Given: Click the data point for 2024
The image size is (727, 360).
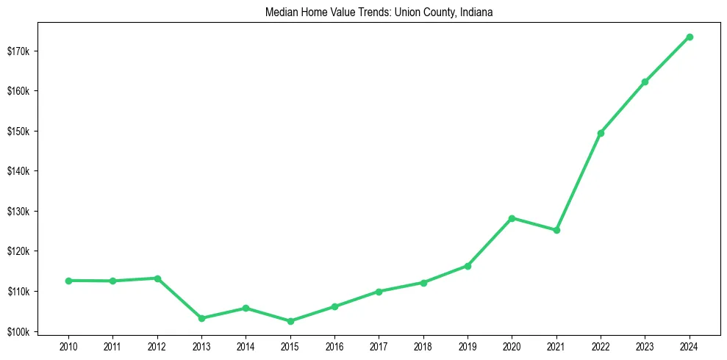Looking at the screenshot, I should pyautogui.click(x=690, y=37).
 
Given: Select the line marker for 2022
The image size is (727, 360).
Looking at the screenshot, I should pyautogui.click(x=601, y=133).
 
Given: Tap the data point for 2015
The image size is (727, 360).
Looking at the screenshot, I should pyautogui.click(x=290, y=321).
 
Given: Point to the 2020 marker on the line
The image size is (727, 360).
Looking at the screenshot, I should pyautogui.click(x=512, y=218).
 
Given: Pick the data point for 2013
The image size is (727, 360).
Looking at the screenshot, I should pyautogui.click(x=201, y=318).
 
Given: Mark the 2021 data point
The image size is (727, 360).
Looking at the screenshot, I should pyautogui.click(x=556, y=230).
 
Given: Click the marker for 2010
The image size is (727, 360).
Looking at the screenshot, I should pyautogui.click(x=68, y=281).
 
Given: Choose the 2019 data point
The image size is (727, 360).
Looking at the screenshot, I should pyautogui.click(x=468, y=266).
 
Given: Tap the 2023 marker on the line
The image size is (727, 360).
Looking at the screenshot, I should pyautogui.click(x=645, y=82).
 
